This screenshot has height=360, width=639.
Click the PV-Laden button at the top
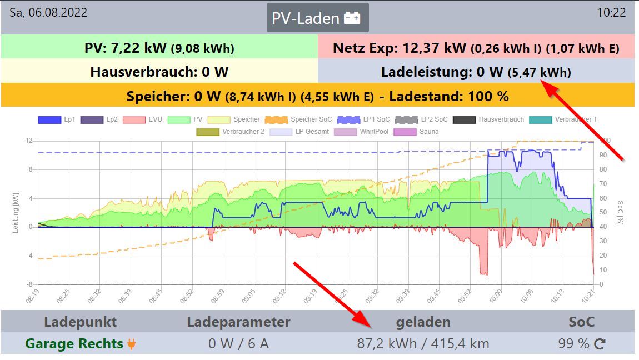point(317,18)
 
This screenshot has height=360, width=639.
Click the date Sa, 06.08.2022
point(49,13)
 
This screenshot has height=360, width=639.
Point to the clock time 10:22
point(611,13)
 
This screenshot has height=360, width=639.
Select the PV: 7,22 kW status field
point(159,48)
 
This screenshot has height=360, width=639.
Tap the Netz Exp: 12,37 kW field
point(476,48)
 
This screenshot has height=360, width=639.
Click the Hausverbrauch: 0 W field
point(159,72)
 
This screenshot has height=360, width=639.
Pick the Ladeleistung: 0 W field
point(476,72)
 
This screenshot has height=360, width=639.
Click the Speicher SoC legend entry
point(292,119)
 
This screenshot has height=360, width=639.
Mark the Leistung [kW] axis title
point(16,212)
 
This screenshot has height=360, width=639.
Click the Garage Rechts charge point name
point(74,344)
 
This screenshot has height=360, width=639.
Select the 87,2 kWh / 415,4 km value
point(423,344)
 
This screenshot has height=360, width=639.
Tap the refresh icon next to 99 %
point(600,344)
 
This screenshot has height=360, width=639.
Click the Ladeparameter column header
point(238,322)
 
